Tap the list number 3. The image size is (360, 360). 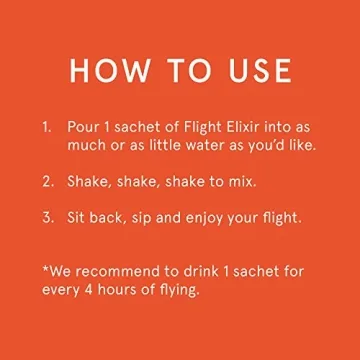click(47, 217)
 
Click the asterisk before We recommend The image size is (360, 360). click(45, 269)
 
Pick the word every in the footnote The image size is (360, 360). click(62, 291)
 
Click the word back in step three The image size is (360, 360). click(112, 217)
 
